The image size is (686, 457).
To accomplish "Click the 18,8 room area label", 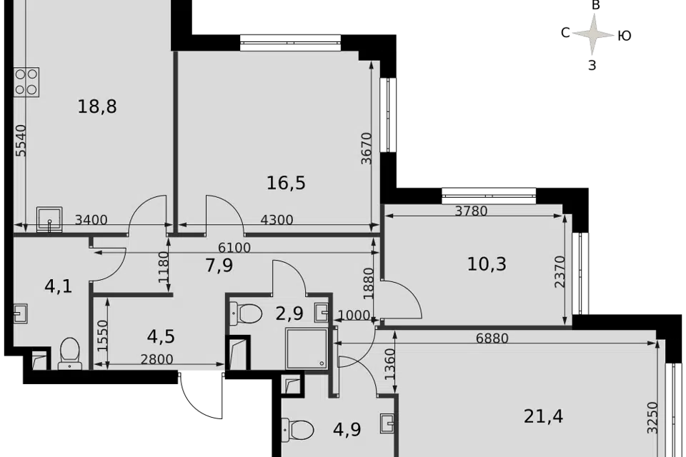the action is tap(97, 106).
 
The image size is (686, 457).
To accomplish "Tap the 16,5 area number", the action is tap(286, 183).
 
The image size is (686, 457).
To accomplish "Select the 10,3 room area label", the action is tap(487, 264).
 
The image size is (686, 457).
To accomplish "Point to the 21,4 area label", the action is tap(543, 416).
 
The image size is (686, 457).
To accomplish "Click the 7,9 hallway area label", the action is tap(219, 265).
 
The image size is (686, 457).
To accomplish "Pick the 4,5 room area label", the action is tap(161, 336).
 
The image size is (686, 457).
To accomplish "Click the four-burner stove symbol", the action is tap(26, 82).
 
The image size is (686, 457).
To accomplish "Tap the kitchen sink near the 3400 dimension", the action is tap(49, 219).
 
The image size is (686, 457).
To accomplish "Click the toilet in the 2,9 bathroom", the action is tap(246, 313).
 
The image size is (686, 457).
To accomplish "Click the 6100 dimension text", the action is tap(234, 248).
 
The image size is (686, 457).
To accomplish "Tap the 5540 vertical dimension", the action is tap(21, 141).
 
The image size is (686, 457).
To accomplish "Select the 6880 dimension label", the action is tap(492, 338).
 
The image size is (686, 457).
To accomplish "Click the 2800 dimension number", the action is tap(156, 359).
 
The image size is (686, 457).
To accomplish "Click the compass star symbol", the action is tap(594, 34).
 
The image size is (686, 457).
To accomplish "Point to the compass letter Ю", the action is tap(625, 36).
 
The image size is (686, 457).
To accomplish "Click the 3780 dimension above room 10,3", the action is tap(471, 211).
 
